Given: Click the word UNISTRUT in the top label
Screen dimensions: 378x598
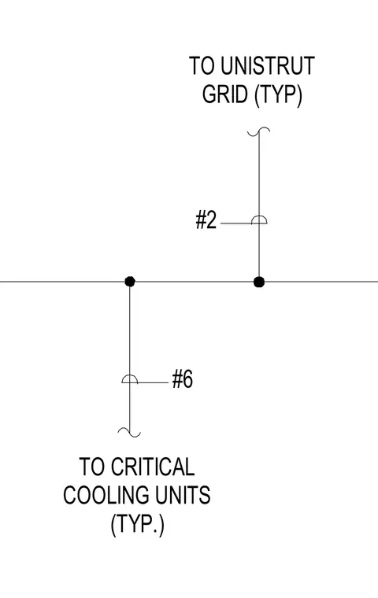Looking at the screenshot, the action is click(267, 65).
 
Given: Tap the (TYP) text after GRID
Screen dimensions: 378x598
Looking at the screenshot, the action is click(278, 94).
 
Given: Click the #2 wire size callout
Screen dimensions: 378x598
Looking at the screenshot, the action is click(206, 220).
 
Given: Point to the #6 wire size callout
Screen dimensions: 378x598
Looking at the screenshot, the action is click(183, 379).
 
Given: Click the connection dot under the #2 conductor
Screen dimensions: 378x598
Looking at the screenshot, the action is click(259, 282).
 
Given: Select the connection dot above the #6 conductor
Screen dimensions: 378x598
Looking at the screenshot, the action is click(130, 282).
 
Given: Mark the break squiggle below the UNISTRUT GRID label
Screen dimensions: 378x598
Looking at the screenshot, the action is click(259, 132).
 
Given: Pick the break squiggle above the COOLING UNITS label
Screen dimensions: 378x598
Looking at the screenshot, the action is click(129, 432).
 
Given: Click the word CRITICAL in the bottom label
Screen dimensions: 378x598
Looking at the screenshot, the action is click(153, 467).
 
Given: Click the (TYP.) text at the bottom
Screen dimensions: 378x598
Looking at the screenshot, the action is click(138, 524).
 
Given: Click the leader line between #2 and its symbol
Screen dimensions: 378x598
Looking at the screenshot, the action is click(236, 223).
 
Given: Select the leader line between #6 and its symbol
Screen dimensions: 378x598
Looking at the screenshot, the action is click(153, 382).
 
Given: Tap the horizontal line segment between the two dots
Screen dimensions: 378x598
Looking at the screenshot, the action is click(195, 282).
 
